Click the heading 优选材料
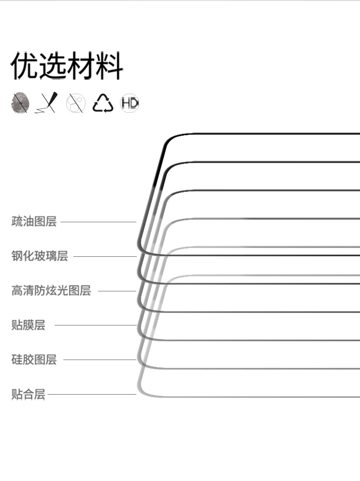click(67, 66)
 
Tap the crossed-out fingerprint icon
click(20, 103)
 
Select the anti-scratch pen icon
click(47, 103)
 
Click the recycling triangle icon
click(103, 103)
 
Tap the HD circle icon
click(130, 103)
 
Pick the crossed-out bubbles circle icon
click(75, 103)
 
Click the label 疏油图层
click(34, 222)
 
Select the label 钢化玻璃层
click(40, 256)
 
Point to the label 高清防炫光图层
click(51, 290)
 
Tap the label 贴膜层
click(28, 325)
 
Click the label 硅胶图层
click(34, 359)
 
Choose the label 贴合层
click(28, 395)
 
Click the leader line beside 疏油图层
click(98, 222)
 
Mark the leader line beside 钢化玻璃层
click(105, 256)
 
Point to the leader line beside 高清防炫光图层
click(117, 291)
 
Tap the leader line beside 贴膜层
click(96, 325)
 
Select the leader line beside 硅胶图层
click(100, 360)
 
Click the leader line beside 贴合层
click(92, 395)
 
